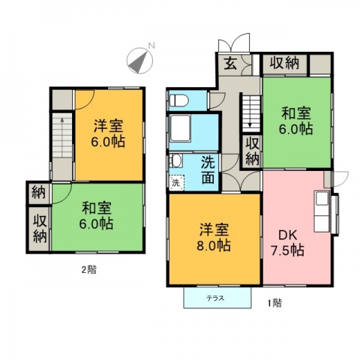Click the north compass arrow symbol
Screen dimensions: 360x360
[x=139, y=60]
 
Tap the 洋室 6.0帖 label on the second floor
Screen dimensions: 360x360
[x=109, y=133]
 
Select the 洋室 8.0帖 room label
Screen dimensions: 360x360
[x=214, y=237]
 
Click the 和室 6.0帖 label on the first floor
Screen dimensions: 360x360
[x=296, y=121]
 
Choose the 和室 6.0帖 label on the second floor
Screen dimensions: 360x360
[x=97, y=214]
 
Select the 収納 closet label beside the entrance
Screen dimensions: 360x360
[x=285, y=63]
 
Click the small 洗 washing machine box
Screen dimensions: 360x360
[x=175, y=181]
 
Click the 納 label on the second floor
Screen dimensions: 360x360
[x=38, y=193]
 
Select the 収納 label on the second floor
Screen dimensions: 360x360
[x=39, y=228]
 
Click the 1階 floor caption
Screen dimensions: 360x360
[x=275, y=304]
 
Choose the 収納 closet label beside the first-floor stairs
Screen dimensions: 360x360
[x=252, y=151]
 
